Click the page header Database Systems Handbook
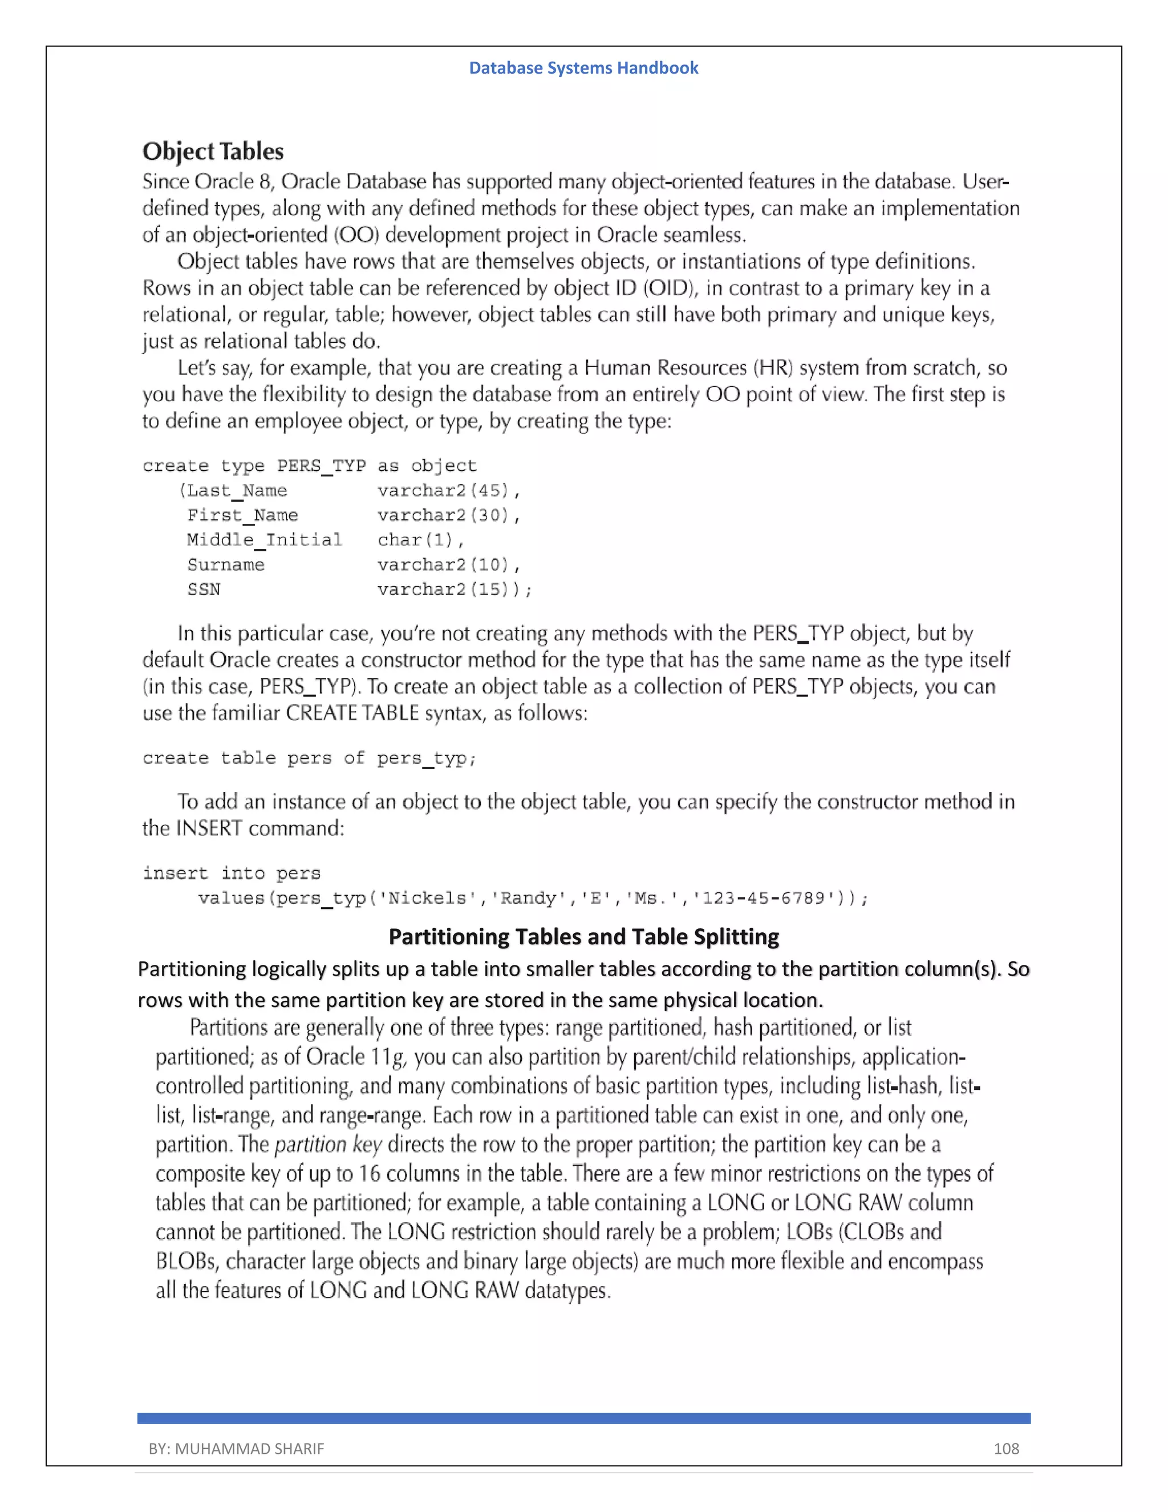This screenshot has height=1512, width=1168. [583, 68]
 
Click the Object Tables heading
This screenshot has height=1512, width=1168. [213, 152]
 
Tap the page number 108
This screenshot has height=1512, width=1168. [1006, 1448]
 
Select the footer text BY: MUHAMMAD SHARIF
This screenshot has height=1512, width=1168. [236, 1448]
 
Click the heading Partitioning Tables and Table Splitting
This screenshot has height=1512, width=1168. [583, 937]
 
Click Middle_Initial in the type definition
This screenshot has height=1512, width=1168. [264, 540]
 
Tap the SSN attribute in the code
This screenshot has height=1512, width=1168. [204, 590]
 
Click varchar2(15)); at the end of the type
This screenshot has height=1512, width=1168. [455, 590]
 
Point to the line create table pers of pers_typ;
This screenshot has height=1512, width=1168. [309, 758]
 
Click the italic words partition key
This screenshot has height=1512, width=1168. [328, 1145]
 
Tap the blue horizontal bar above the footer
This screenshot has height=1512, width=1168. [583, 1418]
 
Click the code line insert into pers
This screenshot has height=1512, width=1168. [231, 874]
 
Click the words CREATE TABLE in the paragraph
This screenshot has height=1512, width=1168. [352, 713]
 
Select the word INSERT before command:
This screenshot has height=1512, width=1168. [209, 828]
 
